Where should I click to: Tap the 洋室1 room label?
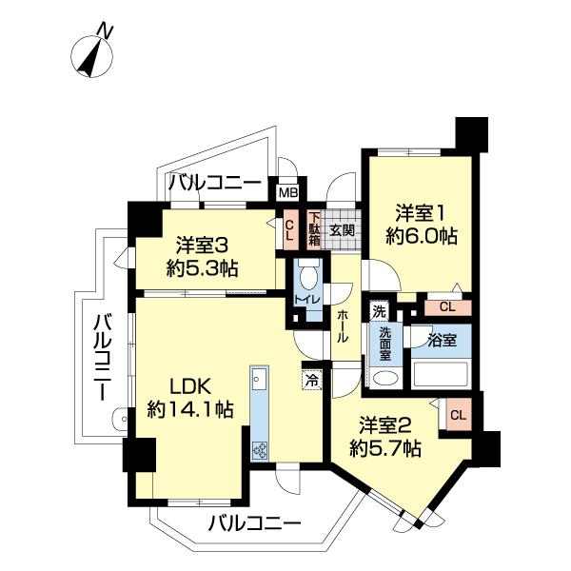[418, 212]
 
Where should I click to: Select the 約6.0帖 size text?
[418, 235]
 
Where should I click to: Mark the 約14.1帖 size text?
[190, 410]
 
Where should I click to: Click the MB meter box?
[286, 191]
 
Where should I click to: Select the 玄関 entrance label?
[341, 229]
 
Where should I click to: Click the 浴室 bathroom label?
[441, 338]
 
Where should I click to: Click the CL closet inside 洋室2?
[457, 415]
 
